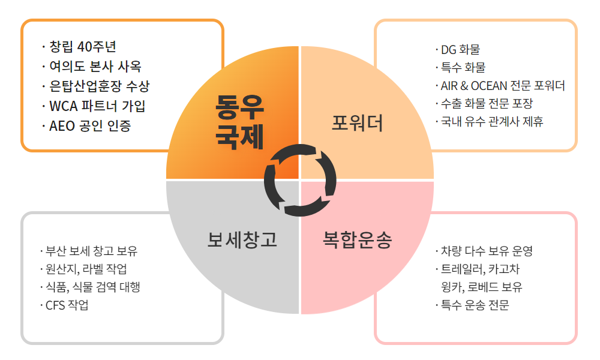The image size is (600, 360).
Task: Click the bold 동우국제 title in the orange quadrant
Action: (239, 122)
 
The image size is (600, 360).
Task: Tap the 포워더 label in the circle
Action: (358, 123)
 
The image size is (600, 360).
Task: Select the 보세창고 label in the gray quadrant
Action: (242, 239)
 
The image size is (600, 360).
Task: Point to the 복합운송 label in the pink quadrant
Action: (358, 239)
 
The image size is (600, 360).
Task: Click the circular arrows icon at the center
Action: (300, 180)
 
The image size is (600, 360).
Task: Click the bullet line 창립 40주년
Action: (79, 47)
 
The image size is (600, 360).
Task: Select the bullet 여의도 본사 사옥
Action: (92, 67)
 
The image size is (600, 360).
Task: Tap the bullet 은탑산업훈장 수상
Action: (96, 86)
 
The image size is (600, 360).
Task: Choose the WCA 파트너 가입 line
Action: (94, 106)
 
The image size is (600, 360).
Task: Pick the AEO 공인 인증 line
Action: (86, 126)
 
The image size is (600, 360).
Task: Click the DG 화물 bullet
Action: (458, 49)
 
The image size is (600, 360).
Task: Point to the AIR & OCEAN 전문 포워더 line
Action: (500, 85)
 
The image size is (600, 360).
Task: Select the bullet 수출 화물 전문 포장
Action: (484, 103)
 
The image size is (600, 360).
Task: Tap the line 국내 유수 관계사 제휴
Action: (490, 121)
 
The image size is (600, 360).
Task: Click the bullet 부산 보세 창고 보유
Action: (89, 251)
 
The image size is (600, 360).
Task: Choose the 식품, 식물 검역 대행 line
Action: (91, 287)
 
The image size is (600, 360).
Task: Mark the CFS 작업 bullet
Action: (64, 305)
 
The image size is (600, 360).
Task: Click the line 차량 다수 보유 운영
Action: (484, 251)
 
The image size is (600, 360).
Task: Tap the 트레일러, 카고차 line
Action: (478, 269)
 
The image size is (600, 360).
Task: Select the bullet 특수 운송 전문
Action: (472, 305)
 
